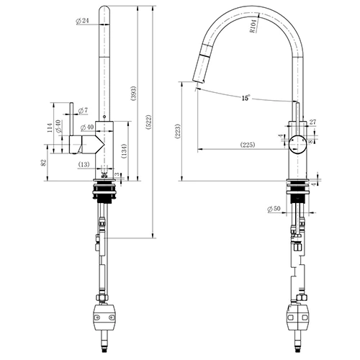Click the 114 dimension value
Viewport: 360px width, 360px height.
click(x=50, y=129)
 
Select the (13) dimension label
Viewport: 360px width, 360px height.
click(x=86, y=166)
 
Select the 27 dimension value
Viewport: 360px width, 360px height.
click(x=312, y=122)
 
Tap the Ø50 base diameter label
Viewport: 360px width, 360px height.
click(x=273, y=209)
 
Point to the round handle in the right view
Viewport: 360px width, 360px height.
click(x=298, y=142)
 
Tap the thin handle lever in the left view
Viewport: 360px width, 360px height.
click(x=73, y=119)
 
